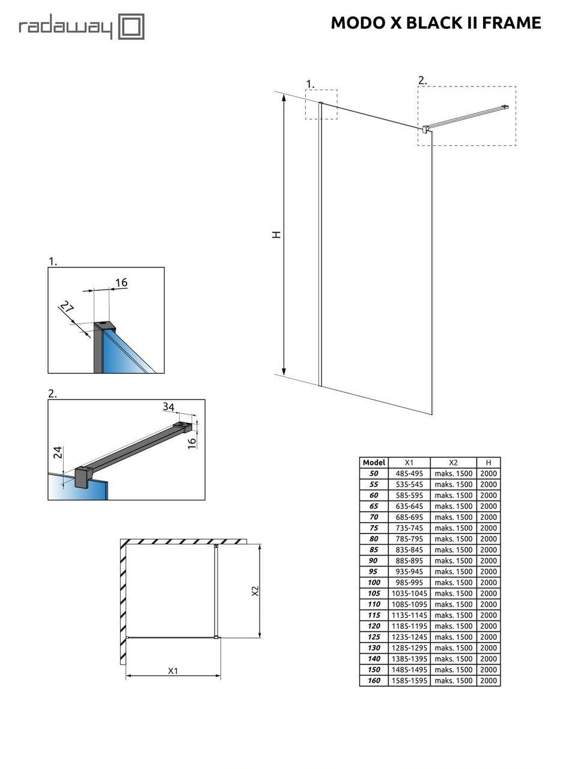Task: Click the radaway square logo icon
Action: click(131, 27)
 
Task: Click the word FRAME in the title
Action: click(511, 23)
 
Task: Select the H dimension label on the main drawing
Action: click(276, 234)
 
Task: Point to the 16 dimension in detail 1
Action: click(121, 282)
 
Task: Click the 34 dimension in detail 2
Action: click(168, 407)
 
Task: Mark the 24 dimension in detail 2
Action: click(58, 452)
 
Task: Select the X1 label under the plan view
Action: click(173, 670)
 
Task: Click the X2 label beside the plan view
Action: click(255, 591)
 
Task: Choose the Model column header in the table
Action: click(374, 463)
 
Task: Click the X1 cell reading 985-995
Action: click(409, 582)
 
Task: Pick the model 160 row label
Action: click(374, 680)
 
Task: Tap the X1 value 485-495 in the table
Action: click(409, 473)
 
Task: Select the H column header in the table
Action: click(488, 463)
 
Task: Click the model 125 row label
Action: click(374, 637)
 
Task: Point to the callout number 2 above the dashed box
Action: click(422, 80)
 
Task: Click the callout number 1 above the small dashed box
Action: click(309, 84)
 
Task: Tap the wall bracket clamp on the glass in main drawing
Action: click(425, 129)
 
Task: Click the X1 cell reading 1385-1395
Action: click(409, 658)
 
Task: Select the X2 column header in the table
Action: click(453, 463)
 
